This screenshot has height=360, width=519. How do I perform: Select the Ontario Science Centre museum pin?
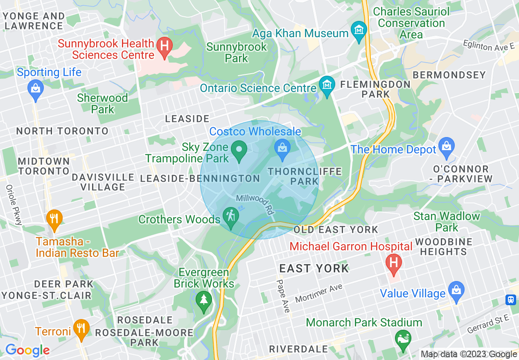tap(327, 87)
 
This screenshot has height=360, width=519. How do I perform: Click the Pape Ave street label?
tap(282, 296)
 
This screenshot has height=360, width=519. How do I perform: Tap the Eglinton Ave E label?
tap(488, 45)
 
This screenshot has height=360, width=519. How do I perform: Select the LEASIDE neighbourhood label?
tap(187, 119)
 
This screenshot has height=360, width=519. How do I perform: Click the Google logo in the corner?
tap(27, 351)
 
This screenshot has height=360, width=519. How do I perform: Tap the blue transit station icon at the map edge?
tap(511, 299)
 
